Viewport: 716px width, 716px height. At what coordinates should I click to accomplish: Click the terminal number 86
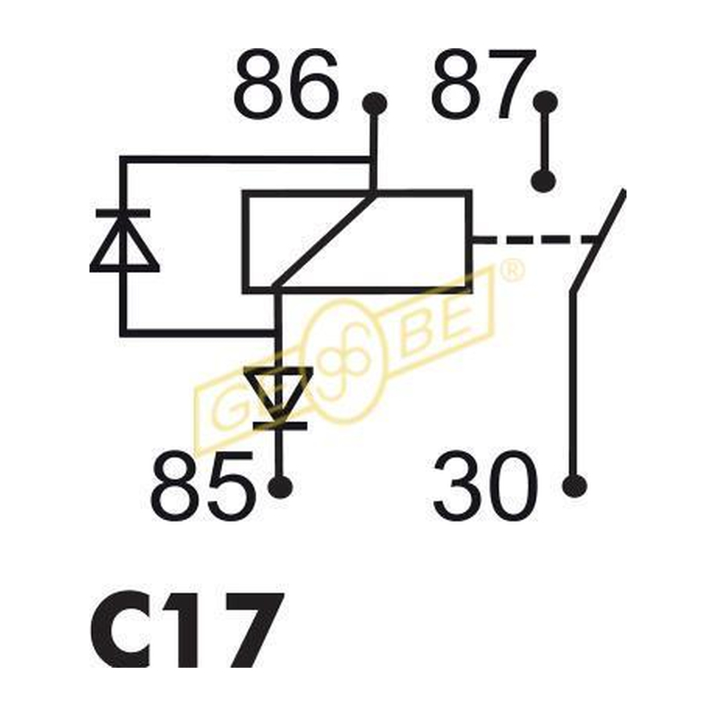coord(286,84)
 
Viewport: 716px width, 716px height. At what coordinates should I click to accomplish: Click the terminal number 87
coord(482,83)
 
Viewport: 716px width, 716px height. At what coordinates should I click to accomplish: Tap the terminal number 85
coord(202,486)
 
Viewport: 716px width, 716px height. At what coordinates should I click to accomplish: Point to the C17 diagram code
coord(188,630)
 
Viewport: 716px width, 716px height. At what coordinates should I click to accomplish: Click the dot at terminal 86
coord(374,103)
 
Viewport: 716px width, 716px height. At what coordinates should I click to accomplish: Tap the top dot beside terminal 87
coord(545,102)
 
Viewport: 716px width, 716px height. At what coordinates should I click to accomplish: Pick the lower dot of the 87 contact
coord(543,181)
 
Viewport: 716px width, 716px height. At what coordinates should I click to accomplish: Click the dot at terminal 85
coord(280,487)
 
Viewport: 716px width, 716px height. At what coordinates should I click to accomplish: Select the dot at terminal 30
coord(574,486)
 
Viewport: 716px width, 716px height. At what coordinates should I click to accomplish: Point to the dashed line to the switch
coord(535,240)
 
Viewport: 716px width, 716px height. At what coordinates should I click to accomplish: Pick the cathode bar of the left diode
coord(123,213)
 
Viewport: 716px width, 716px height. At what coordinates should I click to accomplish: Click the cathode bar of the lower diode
coord(279,427)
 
